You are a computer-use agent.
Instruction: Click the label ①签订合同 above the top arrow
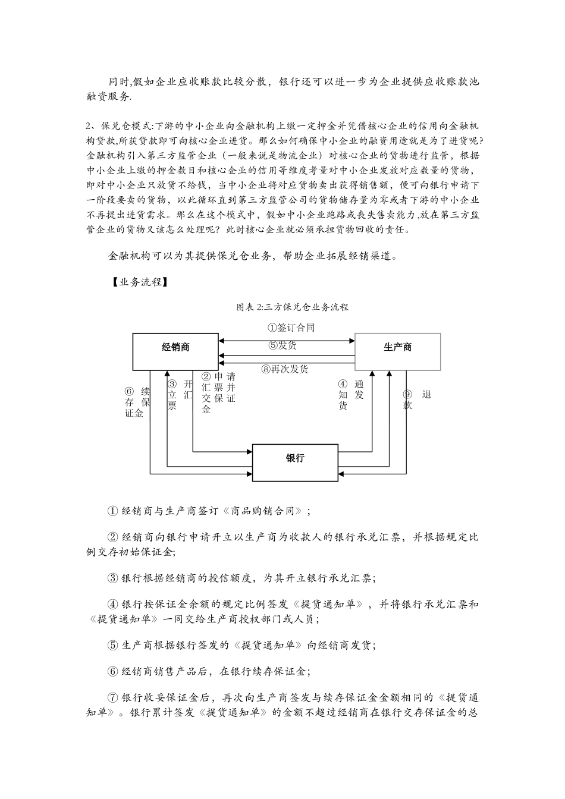(x=291, y=328)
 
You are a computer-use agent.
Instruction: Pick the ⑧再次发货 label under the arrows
(x=285, y=369)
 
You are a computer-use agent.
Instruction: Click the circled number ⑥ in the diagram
(x=129, y=391)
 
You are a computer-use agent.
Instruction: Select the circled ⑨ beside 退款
(x=407, y=394)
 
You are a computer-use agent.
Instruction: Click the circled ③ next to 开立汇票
(x=172, y=384)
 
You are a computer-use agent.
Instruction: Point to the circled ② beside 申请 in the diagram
(x=206, y=376)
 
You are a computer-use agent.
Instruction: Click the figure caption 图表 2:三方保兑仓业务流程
(x=292, y=307)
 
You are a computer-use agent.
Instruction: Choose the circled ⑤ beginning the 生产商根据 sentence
(x=113, y=645)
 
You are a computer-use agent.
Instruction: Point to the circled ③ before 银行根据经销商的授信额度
(x=113, y=578)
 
